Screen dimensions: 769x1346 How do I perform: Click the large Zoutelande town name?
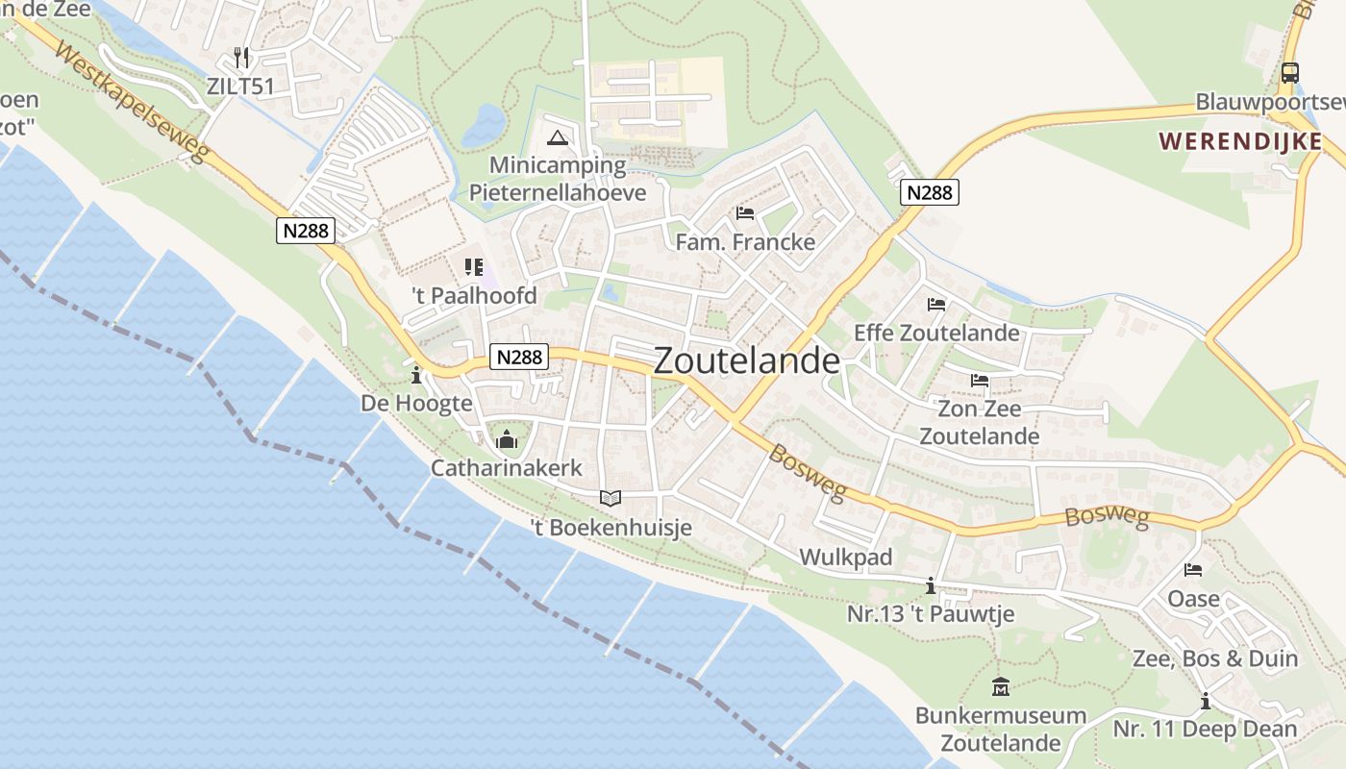pos(747,360)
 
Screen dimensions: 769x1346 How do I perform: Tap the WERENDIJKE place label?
pos(1239,141)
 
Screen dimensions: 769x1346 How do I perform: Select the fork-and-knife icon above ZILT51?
pos(241,58)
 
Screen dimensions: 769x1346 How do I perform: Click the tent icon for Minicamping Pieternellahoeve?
pos(557,137)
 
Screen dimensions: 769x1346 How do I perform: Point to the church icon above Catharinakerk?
pos(506,440)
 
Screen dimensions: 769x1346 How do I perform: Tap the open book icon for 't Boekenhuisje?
pos(611,498)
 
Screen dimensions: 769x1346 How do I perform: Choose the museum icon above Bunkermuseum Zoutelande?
pos(1001,687)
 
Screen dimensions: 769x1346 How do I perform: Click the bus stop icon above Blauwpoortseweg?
pos(1289,73)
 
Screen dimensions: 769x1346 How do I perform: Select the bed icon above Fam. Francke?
pos(744,213)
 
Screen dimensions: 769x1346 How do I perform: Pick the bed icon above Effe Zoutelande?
pos(936,305)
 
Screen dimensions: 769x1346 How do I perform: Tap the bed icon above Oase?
pos(1193,570)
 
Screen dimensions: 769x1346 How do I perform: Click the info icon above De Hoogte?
pos(416,374)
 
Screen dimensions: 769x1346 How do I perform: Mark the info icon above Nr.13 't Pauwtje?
pos(930,584)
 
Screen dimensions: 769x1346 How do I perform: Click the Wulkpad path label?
pos(846,558)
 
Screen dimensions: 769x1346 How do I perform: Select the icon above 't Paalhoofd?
pos(474,266)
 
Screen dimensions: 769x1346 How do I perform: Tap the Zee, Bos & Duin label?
pos(1215,659)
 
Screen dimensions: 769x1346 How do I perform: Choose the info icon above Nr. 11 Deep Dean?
pos(1205,701)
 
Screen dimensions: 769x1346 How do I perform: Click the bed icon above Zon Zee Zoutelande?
pos(979,381)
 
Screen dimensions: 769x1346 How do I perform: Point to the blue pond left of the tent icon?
pos(483,126)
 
